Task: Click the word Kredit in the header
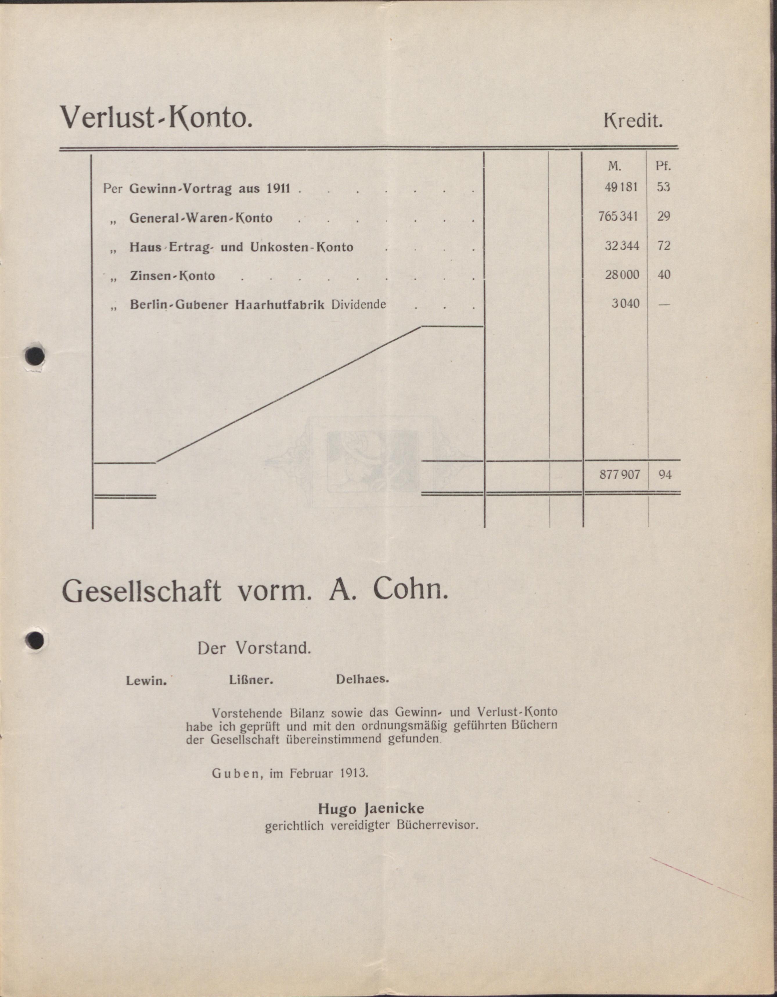click(633, 121)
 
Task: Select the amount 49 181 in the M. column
click(621, 187)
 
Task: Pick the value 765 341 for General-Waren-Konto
click(618, 216)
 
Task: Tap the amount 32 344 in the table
click(622, 246)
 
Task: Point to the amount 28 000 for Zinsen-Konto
click(622, 275)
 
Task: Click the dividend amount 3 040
click(625, 303)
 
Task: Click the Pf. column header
click(663, 166)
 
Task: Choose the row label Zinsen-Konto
click(172, 276)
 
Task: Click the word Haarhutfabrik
click(279, 304)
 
